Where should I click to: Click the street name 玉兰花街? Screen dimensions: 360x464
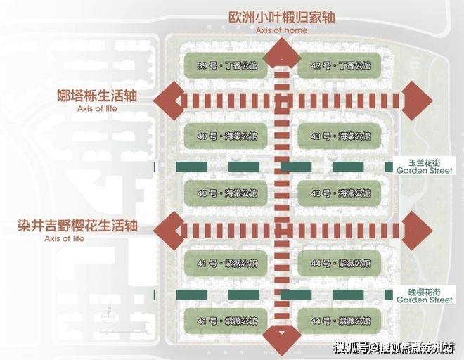[x=424, y=161]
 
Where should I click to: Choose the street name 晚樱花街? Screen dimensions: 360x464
[x=424, y=290]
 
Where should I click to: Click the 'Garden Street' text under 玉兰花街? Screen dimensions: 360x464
[x=424, y=170]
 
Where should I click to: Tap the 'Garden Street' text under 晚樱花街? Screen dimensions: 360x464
[x=424, y=300]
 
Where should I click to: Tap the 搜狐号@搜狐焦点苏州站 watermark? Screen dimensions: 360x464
[x=394, y=348]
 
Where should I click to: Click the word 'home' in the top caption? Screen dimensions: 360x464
[x=296, y=31]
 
